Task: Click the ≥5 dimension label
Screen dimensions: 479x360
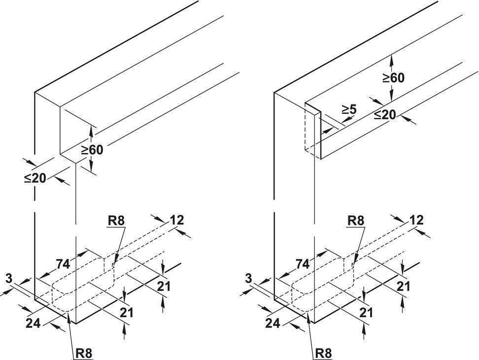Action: pos(349,109)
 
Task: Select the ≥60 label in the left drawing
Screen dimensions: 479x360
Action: pos(92,150)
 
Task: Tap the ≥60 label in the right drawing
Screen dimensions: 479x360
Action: pos(393,78)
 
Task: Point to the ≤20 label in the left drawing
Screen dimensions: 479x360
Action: pos(35,178)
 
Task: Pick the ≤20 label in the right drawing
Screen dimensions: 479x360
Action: pos(385,115)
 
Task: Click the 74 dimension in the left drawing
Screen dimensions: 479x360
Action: pos(63,264)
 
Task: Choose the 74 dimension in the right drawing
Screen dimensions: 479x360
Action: pos(303,264)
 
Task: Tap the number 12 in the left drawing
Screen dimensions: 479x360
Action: pos(177,220)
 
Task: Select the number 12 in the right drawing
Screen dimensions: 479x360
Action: pos(417,220)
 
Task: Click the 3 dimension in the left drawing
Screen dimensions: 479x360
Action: pos(9,279)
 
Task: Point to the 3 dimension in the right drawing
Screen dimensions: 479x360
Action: pos(249,279)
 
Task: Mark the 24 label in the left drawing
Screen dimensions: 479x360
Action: pos(33,323)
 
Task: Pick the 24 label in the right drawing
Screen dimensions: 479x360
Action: pos(273,323)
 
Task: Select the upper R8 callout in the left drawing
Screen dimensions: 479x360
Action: pos(116,220)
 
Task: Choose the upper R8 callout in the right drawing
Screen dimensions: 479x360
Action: pos(356,220)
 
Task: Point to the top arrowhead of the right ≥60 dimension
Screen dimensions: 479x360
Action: pos(391,59)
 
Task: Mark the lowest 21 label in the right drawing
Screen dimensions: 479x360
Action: pos(366,313)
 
